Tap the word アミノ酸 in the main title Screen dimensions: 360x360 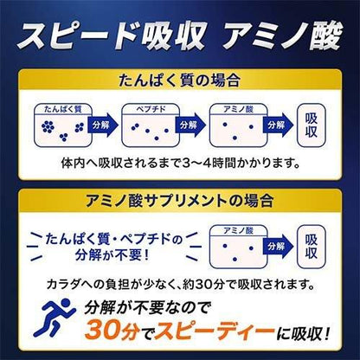click(x=283, y=35)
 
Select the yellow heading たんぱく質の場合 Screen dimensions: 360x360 click(x=179, y=80)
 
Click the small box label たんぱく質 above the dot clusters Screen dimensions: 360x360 click(x=63, y=109)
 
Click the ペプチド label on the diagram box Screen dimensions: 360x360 click(x=151, y=109)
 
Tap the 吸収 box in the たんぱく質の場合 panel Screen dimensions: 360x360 click(x=312, y=125)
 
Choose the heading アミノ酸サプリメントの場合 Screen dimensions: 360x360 click(x=179, y=201)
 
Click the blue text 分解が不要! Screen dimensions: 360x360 click(x=112, y=255)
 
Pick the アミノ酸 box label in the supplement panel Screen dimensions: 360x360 click(x=238, y=231)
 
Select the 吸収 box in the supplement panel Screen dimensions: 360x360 click(x=312, y=247)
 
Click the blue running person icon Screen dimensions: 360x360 click(x=55, y=318)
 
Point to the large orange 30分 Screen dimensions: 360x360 click(x=112, y=330)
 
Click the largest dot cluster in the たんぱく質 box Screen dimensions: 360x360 click(x=48, y=126)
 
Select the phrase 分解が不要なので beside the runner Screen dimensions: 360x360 click(x=146, y=307)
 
